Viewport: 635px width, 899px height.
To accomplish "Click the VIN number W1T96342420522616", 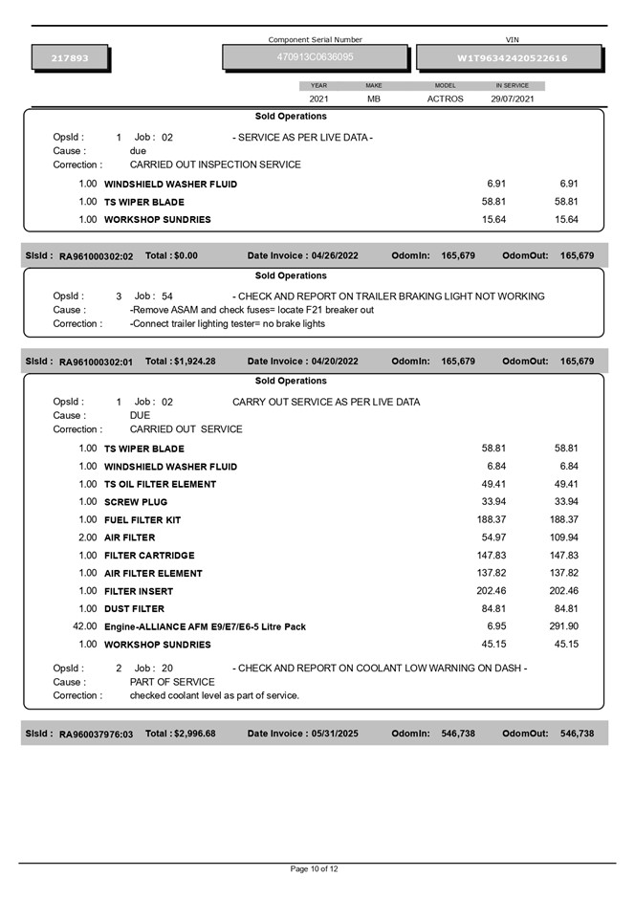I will click(512, 58).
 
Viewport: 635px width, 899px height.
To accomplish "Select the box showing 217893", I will click(70, 58).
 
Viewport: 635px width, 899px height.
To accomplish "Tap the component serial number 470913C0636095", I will click(315, 57).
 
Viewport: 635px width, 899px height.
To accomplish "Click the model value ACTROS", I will click(445, 99).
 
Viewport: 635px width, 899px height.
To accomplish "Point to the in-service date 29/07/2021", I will click(513, 99).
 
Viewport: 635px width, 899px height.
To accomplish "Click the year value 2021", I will click(318, 99).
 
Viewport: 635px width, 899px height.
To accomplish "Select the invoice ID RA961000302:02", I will click(96, 256).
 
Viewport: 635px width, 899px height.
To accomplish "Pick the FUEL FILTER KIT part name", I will click(142, 519).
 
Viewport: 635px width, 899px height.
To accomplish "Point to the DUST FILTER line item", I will click(134, 608).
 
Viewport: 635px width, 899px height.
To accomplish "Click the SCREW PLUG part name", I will click(136, 501).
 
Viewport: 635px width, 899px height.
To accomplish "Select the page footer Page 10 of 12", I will click(315, 868).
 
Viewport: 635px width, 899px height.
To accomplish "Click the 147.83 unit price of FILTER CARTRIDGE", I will click(491, 555).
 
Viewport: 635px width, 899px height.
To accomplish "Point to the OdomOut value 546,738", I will click(577, 734).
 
